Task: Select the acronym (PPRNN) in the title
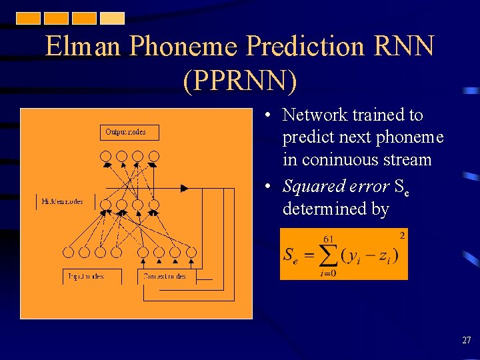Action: [x=239, y=79]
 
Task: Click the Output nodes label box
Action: [x=130, y=132]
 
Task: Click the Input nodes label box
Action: [x=93, y=276]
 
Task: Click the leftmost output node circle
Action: [x=105, y=157]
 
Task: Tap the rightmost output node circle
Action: [x=153, y=157]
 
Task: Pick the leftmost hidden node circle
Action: [x=105, y=205]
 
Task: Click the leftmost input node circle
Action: [x=68, y=252]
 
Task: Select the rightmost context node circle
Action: [x=191, y=252]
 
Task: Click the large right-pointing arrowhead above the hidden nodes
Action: [x=185, y=189]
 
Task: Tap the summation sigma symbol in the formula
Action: [x=327, y=256]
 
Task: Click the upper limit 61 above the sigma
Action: [x=328, y=239]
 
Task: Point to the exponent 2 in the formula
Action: [x=402, y=235]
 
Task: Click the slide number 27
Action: [x=466, y=341]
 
